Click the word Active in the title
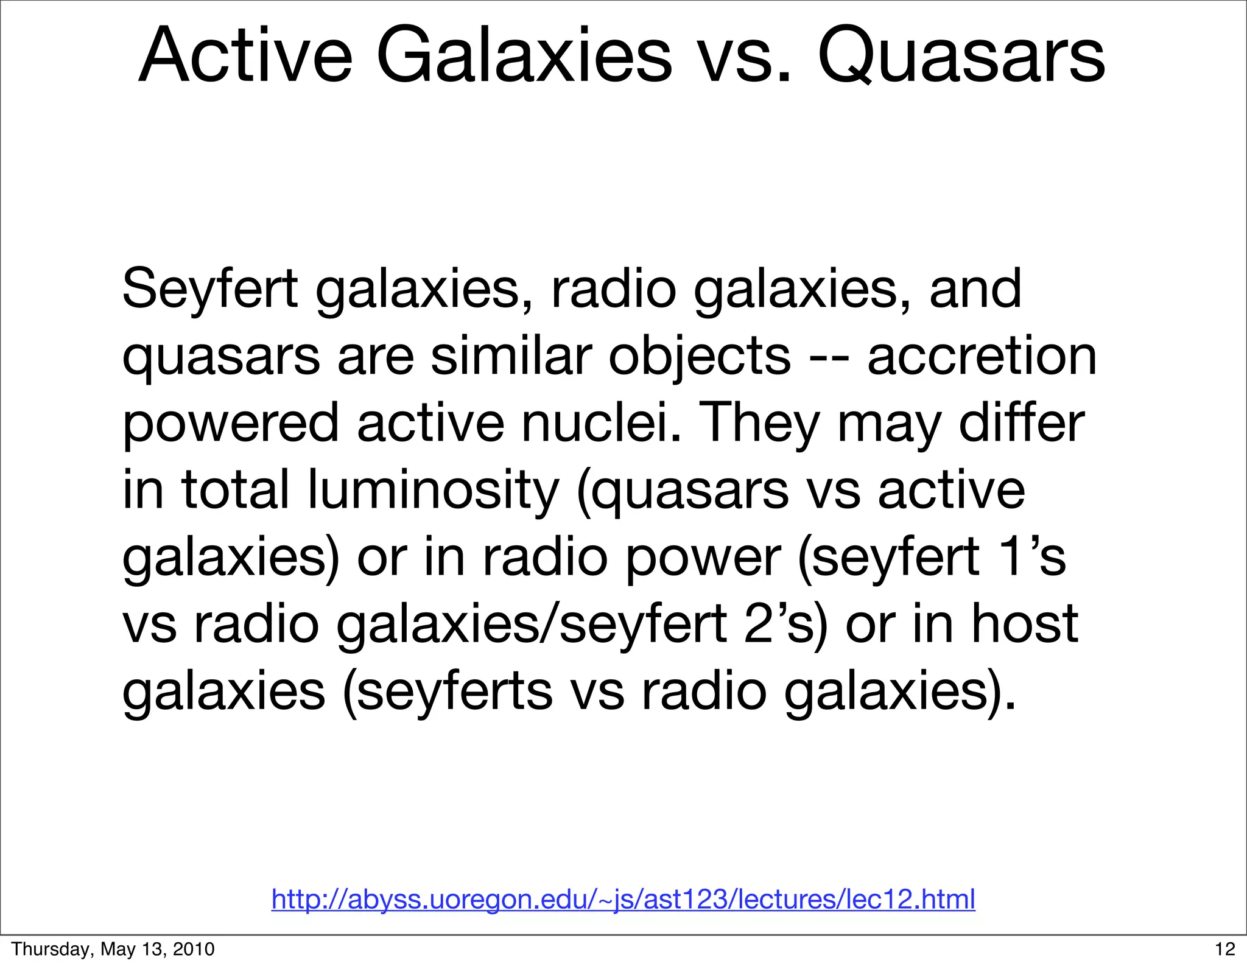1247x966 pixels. pyautogui.click(x=245, y=56)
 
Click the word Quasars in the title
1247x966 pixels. pyautogui.click(x=961, y=56)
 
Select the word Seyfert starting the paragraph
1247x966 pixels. pyautogui.click(x=209, y=290)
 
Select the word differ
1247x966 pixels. pyautogui.click(x=1022, y=424)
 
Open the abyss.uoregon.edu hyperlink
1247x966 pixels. pyautogui.click(x=623, y=899)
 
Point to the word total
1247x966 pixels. pyautogui.click(x=235, y=491)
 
